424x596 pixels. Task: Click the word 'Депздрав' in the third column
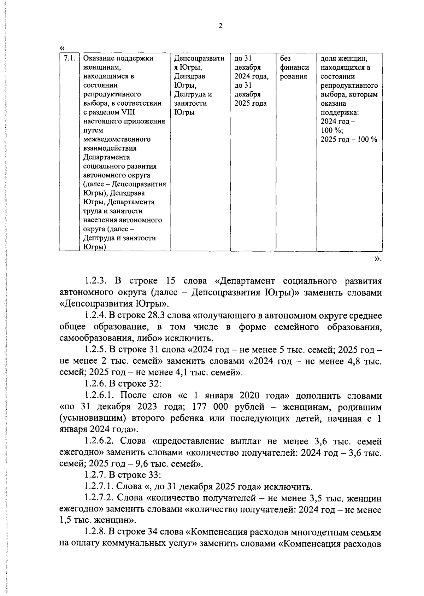tap(190, 76)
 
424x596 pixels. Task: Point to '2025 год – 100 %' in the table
tap(349, 139)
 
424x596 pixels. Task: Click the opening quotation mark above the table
tap(63, 47)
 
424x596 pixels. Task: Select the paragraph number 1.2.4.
tap(95, 315)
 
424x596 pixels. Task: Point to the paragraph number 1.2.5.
tap(95, 350)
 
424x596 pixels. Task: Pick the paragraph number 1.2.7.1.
tap(99, 487)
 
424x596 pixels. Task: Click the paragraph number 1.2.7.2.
tap(99, 498)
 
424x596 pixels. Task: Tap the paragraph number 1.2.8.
tap(95, 532)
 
